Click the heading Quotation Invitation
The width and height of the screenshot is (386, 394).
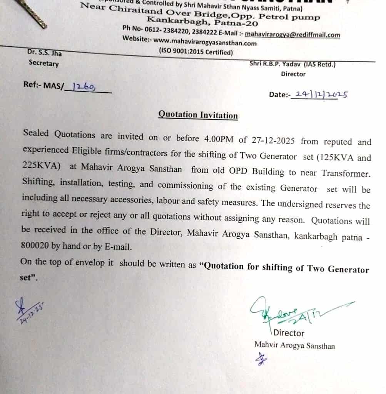point(198,115)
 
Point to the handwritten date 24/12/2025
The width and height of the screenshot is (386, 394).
point(319,94)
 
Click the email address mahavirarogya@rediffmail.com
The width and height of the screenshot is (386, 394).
point(292,35)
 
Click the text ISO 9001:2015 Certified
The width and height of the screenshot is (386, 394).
point(196,52)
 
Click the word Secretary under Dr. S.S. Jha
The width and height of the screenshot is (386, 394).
point(43,63)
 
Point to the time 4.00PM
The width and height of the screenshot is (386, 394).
point(217,139)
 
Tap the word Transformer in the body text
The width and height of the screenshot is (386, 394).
point(345,174)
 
